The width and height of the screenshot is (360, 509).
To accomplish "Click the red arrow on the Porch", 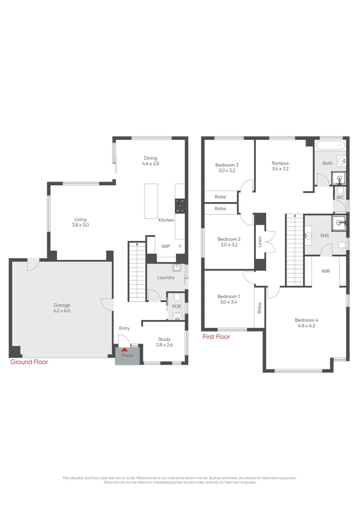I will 124,349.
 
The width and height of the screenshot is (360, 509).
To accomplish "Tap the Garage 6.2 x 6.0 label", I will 61,308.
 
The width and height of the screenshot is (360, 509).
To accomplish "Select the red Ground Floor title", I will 29,362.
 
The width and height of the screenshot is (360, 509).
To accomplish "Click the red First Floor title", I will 216,337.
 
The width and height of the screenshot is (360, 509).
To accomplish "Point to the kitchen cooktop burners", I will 180,205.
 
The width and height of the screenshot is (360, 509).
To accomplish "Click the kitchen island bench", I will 151,201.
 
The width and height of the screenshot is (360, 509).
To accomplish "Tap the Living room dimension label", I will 81,225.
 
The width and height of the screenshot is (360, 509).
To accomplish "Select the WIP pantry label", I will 165,246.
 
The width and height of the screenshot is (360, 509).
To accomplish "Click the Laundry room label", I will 166,278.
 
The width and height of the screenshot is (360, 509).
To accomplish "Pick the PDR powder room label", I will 177,306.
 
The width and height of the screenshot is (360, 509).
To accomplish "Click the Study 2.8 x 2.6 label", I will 164,342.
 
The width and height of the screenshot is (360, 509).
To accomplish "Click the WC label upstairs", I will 340,197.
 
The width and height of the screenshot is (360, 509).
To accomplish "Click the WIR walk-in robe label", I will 326,271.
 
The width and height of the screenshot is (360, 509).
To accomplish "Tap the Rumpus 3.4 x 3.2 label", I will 280,165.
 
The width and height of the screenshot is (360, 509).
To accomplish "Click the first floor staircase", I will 294,249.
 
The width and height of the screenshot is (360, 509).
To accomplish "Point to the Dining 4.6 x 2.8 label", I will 151,161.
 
